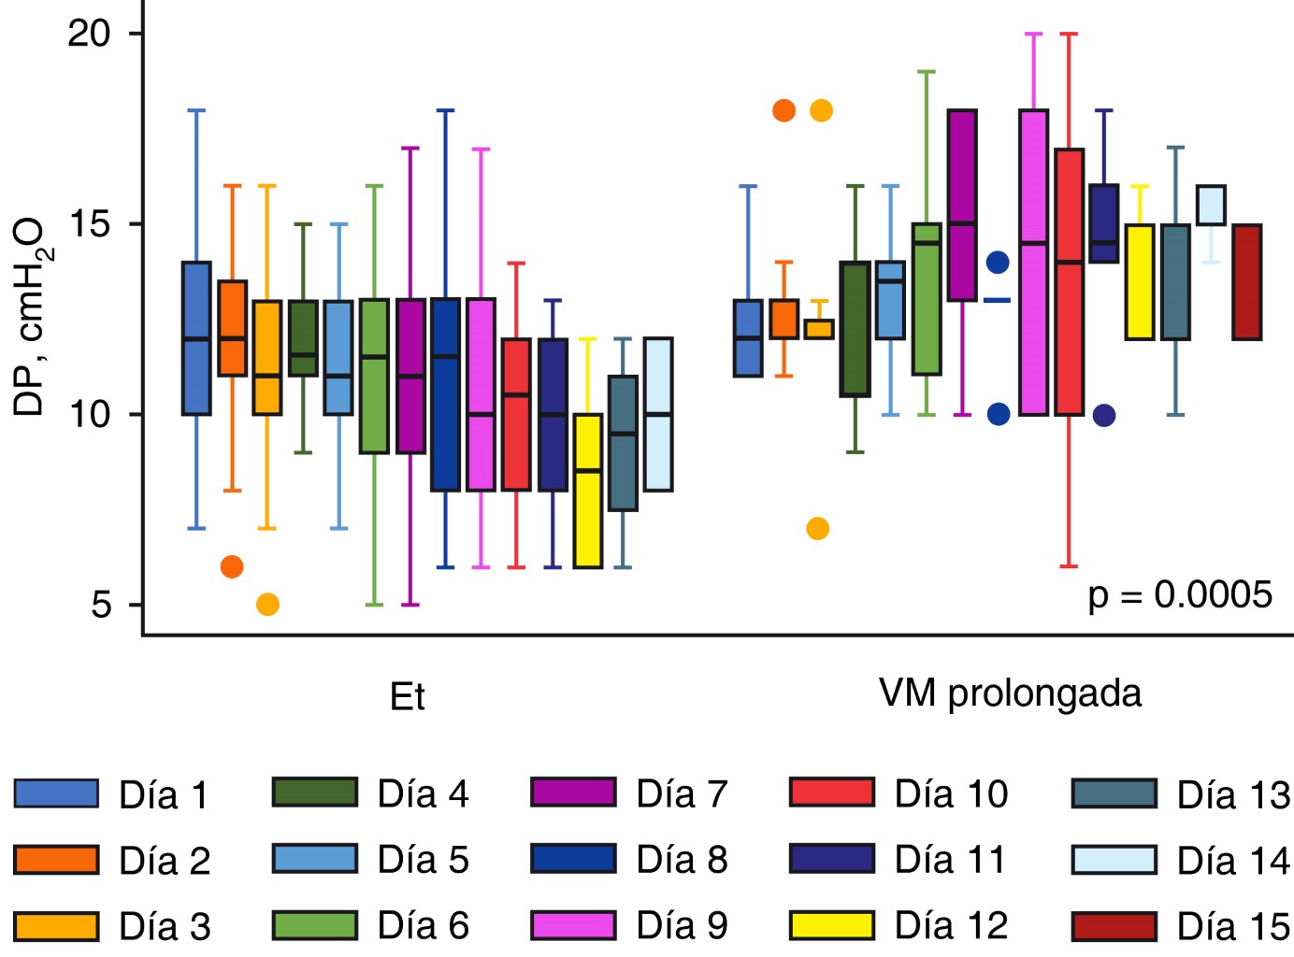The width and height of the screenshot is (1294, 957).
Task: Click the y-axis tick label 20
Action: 89,34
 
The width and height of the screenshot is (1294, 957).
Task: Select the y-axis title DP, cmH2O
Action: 32,317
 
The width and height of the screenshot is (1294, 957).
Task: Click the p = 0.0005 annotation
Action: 1179,595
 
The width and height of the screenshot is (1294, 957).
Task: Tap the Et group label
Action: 407,697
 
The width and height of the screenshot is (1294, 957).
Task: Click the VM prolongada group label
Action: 1010,693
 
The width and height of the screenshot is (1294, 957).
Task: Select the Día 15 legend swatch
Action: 1114,926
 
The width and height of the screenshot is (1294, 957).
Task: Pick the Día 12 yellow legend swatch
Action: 831,926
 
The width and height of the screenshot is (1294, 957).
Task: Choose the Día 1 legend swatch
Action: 56,793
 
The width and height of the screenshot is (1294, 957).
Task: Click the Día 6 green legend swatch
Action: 314,926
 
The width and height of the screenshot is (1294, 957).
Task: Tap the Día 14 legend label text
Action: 1233,861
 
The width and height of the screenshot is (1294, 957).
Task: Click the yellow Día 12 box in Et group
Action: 587,491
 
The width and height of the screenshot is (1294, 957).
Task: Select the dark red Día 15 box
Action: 1246,281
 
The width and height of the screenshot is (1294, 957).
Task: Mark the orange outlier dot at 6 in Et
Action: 232,566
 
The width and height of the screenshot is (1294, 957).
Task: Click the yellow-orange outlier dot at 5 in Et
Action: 267,605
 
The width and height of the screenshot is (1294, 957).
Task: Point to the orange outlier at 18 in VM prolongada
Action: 784,110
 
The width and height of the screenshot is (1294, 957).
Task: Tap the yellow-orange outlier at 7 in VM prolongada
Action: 817,529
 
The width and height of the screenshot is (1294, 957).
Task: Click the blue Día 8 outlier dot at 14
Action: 998,263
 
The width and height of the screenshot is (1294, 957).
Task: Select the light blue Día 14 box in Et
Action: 658,414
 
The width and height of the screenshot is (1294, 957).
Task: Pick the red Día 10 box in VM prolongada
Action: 1069,281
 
